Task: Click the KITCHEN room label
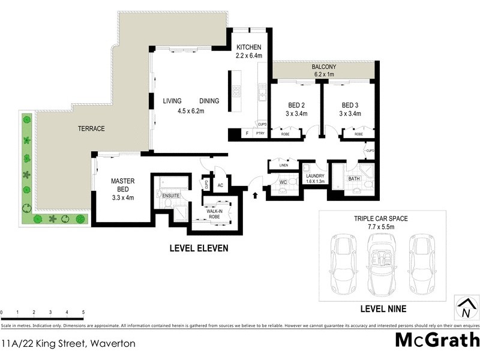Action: pyautogui.click(x=248, y=47)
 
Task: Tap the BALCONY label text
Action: pyautogui.click(x=324, y=67)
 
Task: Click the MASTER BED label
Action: pyautogui.click(x=122, y=185)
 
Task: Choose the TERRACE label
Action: pyautogui.click(x=91, y=129)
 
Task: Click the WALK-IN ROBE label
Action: pyautogui.click(x=215, y=213)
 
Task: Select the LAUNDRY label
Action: pyautogui.click(x=315, y=176)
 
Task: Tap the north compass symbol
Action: pyautogui.click(x=464, y=308)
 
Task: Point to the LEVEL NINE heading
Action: pyautogui.click(x=383, y=309)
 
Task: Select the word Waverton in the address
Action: pyautogui.click(x=113, y=344)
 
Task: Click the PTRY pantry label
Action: pyautogui.click(x=260, y=134)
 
